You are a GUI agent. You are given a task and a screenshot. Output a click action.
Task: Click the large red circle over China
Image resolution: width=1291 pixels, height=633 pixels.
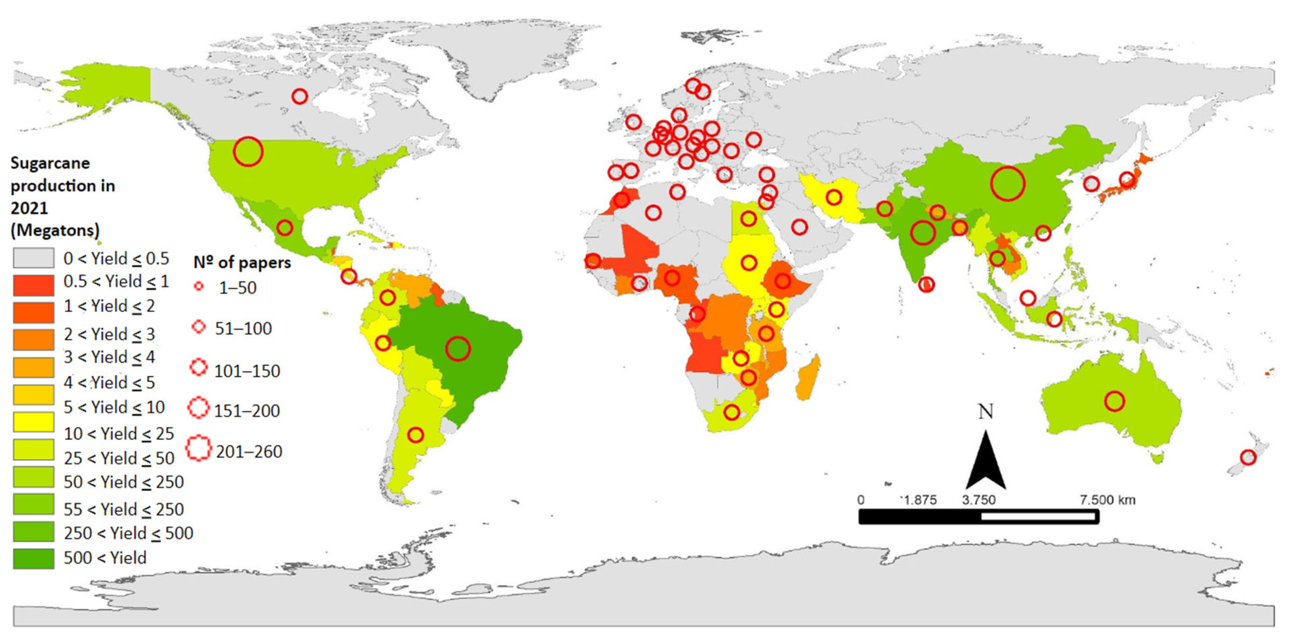click(1007, 184)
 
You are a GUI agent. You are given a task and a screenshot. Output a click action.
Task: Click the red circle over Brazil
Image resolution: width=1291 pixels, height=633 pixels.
click(457, 348)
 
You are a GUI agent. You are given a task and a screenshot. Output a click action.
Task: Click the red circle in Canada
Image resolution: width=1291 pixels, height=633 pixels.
click(300, 96)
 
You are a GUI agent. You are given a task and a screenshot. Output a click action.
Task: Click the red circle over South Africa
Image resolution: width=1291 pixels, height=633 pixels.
click(732, 412)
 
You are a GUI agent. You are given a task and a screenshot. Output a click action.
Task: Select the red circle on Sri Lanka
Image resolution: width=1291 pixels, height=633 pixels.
click(927, 285)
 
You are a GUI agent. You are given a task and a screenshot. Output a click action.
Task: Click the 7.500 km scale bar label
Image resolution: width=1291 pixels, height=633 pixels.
click(1107, 500)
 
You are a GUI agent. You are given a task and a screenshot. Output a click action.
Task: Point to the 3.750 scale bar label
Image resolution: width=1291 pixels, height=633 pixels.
click(979, 500)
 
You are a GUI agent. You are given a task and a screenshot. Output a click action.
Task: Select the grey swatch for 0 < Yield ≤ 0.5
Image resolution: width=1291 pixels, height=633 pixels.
click(34, 258)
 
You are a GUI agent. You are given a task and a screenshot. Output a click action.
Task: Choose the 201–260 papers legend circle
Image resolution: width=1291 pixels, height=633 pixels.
click(199, 447)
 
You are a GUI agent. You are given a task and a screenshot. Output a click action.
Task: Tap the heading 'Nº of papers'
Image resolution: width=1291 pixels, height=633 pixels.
click(242, 262)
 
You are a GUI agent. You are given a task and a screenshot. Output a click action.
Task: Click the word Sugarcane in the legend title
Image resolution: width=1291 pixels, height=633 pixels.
click(50, 163)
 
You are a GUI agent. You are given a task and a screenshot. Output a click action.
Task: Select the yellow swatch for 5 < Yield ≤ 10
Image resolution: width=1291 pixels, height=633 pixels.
click(34, 422)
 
